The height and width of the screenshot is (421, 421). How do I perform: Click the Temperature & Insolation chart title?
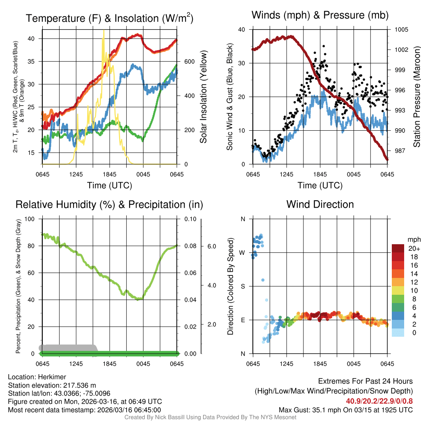pyautogui.click(x=109, y=18)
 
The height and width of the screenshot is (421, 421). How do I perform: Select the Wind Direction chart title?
pyautogui.click(x=320, y=204)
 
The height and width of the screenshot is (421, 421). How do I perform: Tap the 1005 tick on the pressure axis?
pyautogui.click(x=401, y=30)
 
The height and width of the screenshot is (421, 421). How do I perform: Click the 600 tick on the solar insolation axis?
pyautogui.click(x=189, y=62)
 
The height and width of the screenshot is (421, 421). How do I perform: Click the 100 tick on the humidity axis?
pyautogui.click(x=30, y=219)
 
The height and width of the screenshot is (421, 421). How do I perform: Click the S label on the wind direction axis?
pyautogui.click(x=243, y=287)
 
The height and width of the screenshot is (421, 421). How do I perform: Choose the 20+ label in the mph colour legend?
pyautogui.click(x=414, y=249)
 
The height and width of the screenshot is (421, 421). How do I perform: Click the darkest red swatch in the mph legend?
pyautogui.click(x=399, y=249)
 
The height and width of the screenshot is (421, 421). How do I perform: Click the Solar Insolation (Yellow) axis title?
pyautogui.click(x=203, y=97)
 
